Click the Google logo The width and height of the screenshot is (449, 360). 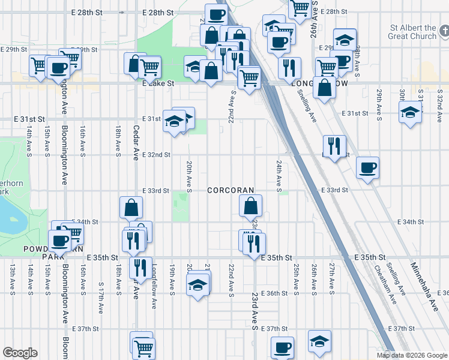point(20,353)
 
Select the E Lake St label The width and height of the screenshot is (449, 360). point(158,84)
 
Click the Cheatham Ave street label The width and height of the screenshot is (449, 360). point(385,282)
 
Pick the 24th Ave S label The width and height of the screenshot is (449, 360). point(279,176)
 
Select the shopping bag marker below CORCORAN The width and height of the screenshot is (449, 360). point(250,206)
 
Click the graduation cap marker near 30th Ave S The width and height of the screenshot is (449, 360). point(410,112)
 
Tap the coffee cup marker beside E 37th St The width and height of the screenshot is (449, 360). point(282,346)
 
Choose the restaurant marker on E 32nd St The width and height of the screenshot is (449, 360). point(334,145)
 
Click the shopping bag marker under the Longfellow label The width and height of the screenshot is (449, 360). point(324,88)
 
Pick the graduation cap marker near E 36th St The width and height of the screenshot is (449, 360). point(197,285)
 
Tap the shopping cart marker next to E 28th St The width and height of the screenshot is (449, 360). point(300,9)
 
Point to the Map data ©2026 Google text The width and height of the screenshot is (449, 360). point(411,355)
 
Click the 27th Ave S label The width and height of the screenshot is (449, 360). point(331,278)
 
